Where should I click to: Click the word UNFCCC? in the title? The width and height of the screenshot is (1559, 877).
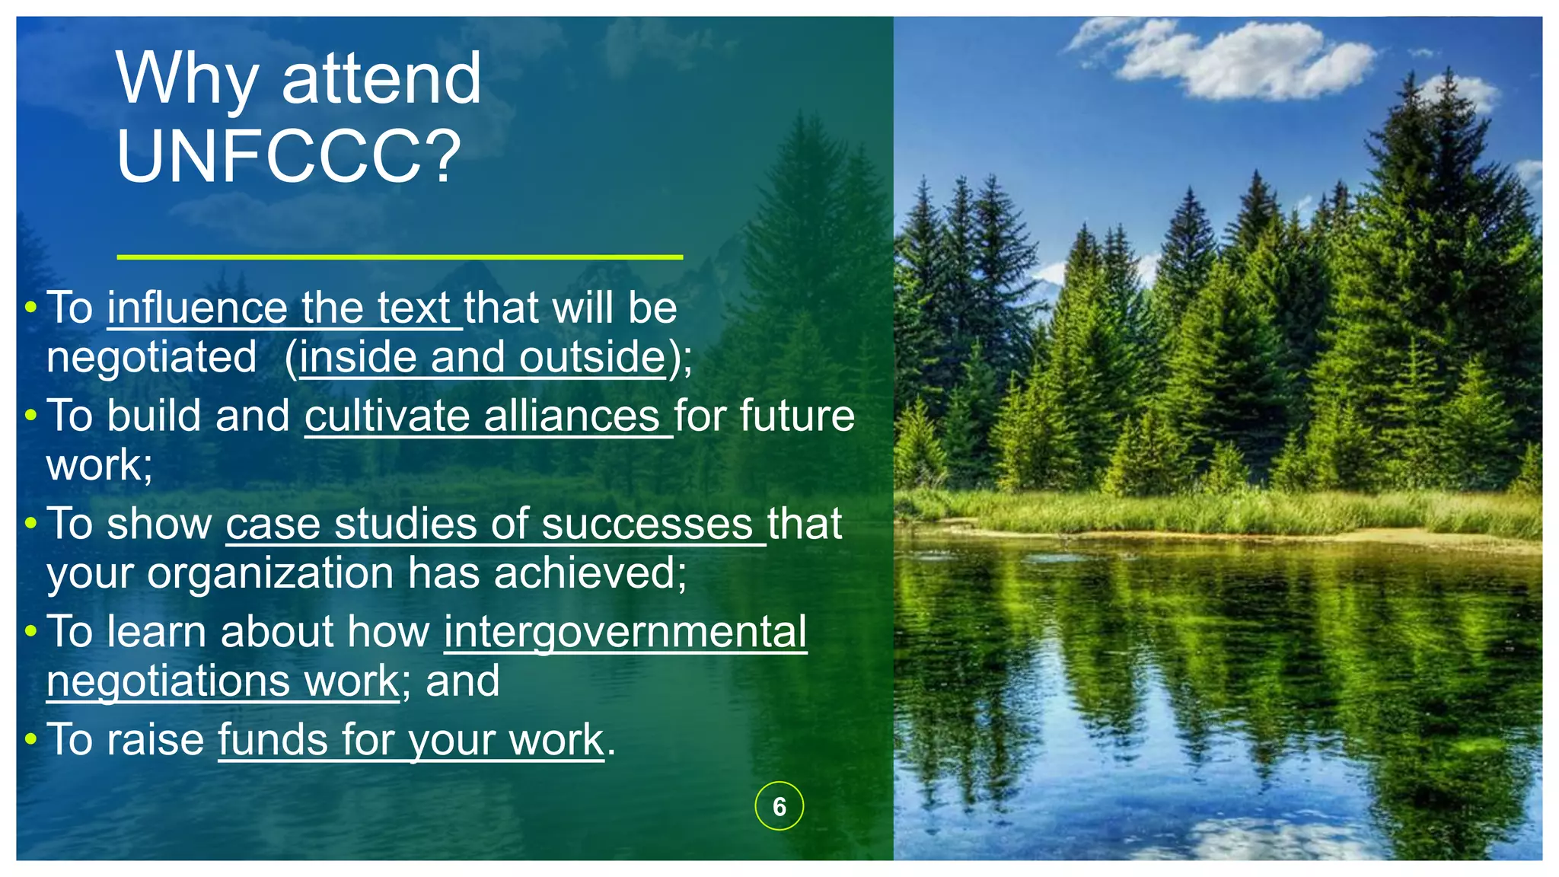point(289,156)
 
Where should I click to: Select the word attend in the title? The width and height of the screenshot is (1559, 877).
point(381,78)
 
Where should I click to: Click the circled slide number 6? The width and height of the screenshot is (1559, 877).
point(779,806)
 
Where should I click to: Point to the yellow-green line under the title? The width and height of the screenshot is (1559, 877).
point(400,257)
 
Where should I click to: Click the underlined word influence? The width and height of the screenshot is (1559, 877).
point(196,308)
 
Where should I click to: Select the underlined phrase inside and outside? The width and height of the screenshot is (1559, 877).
point(483,357)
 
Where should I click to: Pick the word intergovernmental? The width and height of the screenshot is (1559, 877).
point(625,632)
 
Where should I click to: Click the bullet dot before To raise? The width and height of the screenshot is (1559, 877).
point(30,739)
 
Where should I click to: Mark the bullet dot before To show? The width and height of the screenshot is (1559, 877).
point(30,523)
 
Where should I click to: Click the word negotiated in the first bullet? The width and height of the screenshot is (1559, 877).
point(151,357)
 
